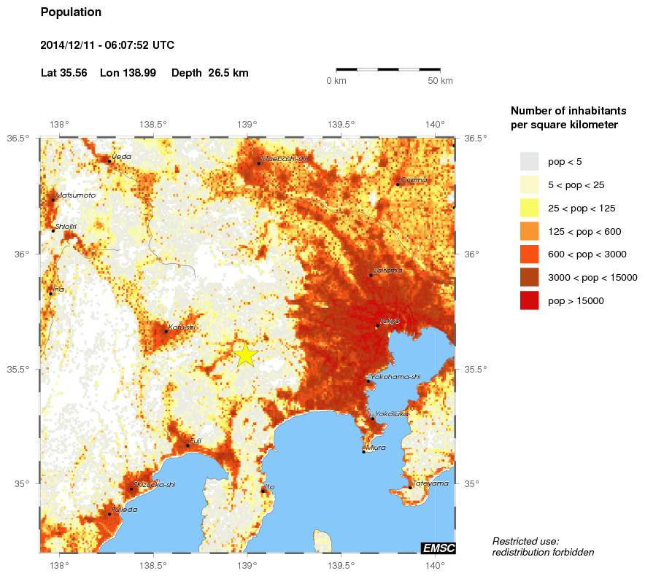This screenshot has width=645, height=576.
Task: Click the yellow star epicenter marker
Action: [247, 354]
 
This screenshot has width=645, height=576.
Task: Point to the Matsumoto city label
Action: [76, 195]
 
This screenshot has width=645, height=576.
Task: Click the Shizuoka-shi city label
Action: [155, 484]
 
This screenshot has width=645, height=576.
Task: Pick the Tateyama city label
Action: [430, 483]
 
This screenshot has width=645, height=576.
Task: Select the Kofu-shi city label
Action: [182, 327]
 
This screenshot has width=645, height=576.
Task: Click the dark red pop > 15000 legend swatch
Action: [529, 300]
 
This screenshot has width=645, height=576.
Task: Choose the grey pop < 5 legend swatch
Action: [529, 161]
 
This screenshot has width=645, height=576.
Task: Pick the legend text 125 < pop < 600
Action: [584, 231]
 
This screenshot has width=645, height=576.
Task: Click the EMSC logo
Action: [438, 548]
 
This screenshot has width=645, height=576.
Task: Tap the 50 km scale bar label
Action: [440, 80]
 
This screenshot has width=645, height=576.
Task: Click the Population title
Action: [71, 12]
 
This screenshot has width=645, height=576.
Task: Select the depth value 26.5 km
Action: [228, 73]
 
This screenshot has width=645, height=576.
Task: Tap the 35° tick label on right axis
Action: [472, 483]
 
